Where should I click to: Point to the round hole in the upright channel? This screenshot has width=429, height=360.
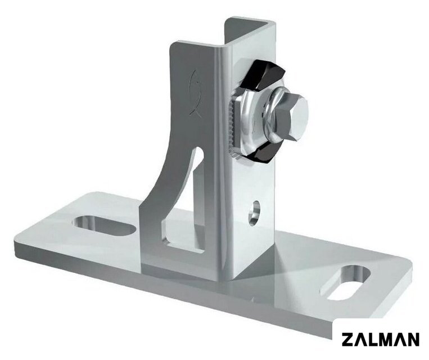pos(255,213)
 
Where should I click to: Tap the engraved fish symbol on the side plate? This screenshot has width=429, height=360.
pos(196,92)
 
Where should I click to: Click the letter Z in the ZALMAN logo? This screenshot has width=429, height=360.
pos(347,339)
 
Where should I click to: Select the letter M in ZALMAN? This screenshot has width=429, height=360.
pos(386,339)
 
